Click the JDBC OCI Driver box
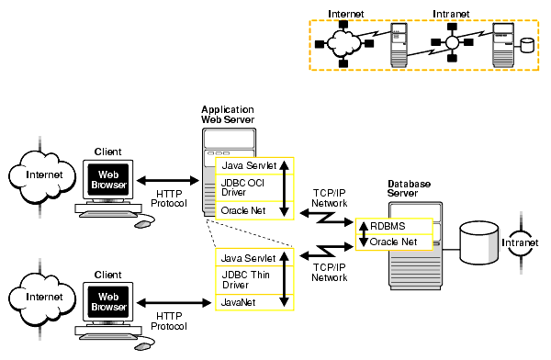(x=245, y=187)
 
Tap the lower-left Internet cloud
(x=39, y=298)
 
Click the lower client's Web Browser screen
(x=107, y=301)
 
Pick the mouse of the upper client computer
(x=142, y=222)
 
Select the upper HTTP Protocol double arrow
(x=169, y=182)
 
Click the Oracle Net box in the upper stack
(x=242, y=210)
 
